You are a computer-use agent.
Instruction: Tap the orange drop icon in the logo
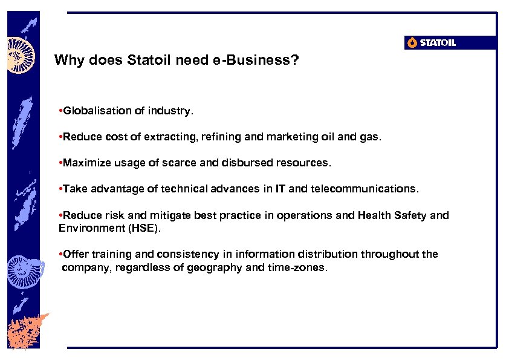412,42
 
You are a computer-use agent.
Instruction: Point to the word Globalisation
93,111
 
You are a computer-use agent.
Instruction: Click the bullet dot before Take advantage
60,189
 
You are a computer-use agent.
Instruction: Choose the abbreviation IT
280,189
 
